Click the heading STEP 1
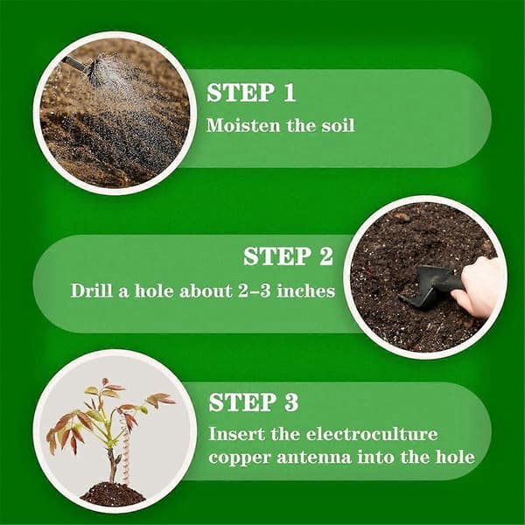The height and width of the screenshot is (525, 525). [251, 93]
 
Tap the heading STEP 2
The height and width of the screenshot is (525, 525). [288, 256]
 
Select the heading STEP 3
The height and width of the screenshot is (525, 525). [254, 402]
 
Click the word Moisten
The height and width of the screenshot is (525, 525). [243, 125]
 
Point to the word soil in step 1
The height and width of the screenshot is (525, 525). [338, 125]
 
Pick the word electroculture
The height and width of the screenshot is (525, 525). [372, 434]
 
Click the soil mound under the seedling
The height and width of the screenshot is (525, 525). [113, 493]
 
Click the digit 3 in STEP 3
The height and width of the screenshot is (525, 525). [290, 402]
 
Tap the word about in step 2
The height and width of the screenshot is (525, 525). [206, 290]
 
